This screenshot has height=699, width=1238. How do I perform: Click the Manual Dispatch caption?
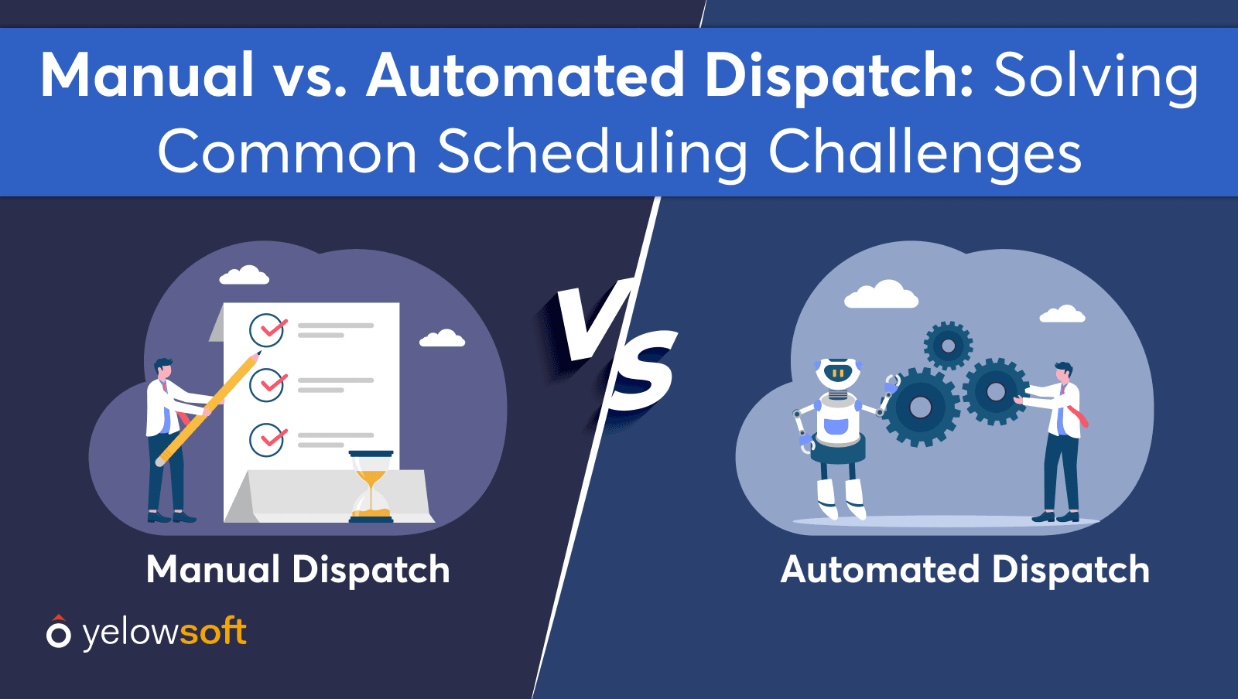pos(298,571)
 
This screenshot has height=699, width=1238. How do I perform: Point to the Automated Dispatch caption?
pos(965,571)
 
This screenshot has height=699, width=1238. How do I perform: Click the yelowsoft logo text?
pos(164,633)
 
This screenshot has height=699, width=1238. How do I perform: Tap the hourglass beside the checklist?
pos(371,486)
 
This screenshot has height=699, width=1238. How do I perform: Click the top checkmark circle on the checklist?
pos(267,330)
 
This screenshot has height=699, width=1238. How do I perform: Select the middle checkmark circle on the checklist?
pos(267,385)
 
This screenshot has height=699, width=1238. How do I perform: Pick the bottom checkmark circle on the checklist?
pos(267,439)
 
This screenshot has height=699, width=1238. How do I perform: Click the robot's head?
pos(838,373)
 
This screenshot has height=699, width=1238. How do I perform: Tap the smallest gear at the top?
pos(949,346)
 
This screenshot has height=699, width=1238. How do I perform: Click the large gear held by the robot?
pos(920,407)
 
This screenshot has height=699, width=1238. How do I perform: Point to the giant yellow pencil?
pos(208,408)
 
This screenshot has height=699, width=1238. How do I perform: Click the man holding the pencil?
pos(170,440)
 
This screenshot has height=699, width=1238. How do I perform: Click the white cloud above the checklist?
pos(245,275)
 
